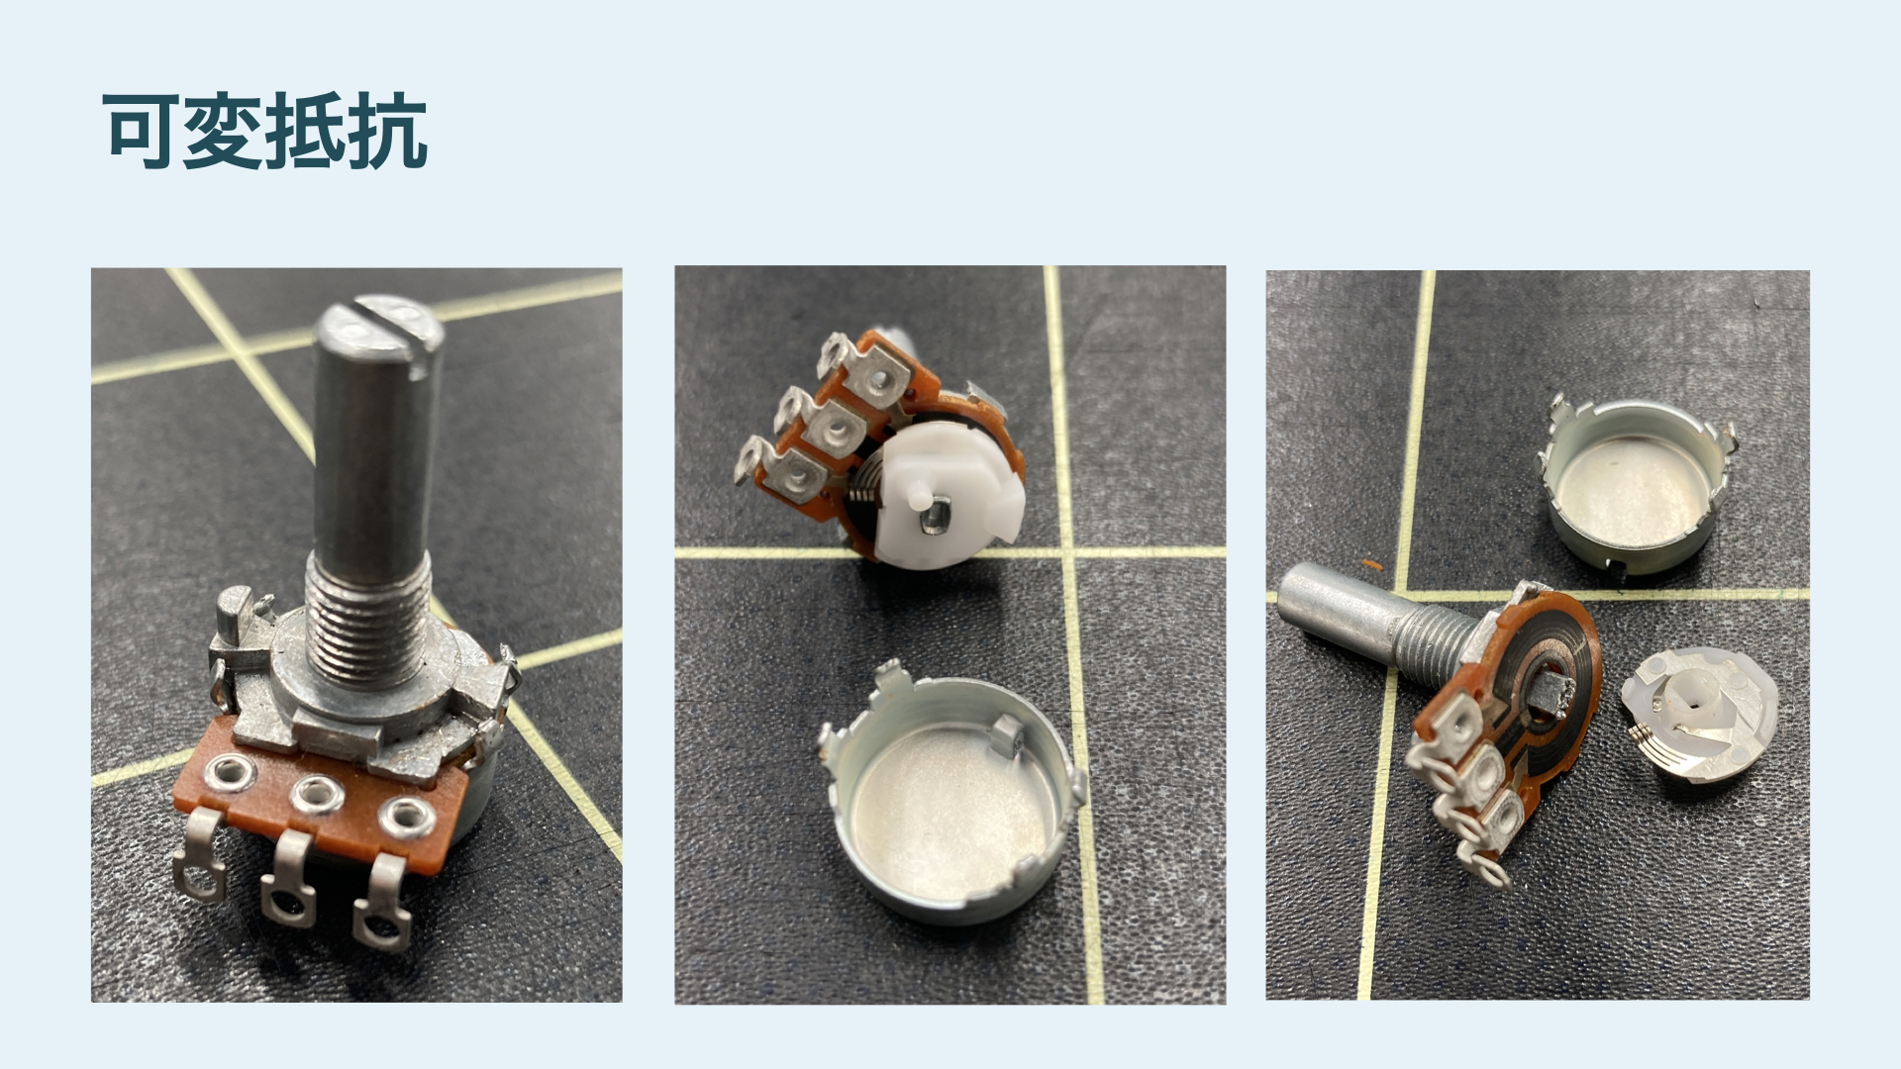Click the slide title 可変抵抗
[x=265, y=131]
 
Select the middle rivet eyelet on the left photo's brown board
[x=315, y=792]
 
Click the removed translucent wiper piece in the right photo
[x=1699, y=713]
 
